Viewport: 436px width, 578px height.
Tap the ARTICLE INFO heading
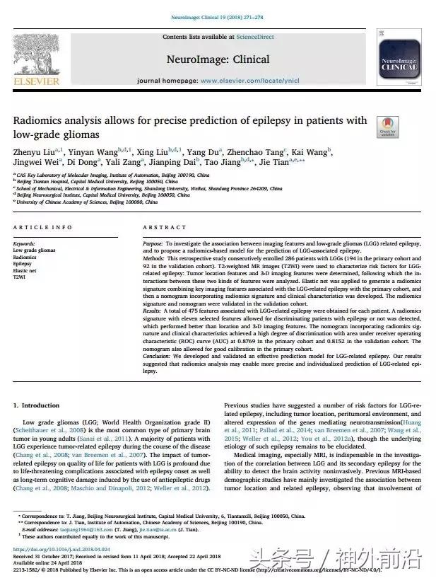(43, 228)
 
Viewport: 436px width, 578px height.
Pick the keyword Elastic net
(25, 271)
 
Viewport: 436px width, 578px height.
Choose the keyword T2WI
(18, 277)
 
